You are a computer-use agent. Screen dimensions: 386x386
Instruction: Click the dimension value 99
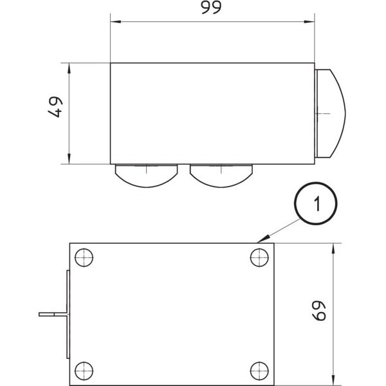click(211, 7)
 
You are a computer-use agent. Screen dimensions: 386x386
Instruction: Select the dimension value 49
click(55, 107)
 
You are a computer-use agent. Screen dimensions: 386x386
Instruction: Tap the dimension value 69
click(319, 311)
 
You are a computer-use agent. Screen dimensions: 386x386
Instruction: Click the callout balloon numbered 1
click(316, 203)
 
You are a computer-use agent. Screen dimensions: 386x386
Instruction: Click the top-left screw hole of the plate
click(84, 257)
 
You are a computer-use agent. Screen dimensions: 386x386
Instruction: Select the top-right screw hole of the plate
click(259, 257)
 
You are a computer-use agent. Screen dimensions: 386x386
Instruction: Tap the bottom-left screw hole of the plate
click(84, 371)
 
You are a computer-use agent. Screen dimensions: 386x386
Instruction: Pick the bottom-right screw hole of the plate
click(259, 371)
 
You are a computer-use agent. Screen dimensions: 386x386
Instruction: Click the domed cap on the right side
click(331, 113)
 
